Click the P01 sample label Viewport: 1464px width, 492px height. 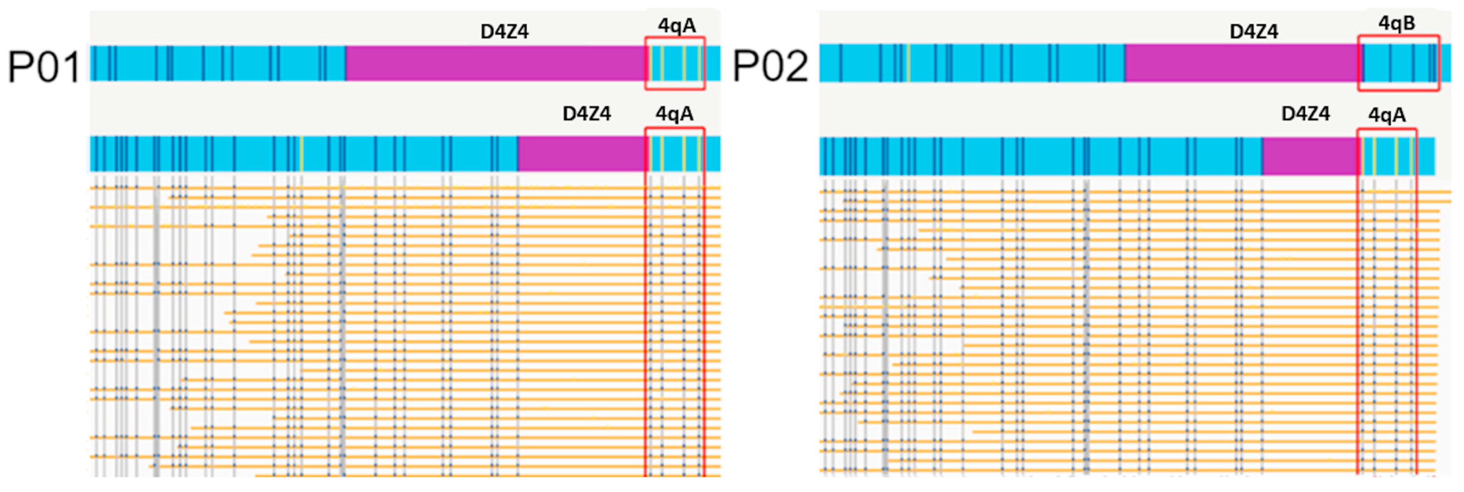(44, 67)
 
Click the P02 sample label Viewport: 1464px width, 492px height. (770, 66)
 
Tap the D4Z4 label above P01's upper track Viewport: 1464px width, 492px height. (504, 31)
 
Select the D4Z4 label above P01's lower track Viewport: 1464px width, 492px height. (586, 114)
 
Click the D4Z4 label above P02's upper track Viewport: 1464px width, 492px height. (1253, 31)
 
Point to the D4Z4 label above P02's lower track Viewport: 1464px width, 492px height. (1305, 114)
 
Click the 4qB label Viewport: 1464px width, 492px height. (1396, 23)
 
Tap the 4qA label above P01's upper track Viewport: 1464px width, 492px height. (676, 25)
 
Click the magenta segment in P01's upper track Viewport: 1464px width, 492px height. (494, 63)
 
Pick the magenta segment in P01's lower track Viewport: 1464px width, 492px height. (581, 154)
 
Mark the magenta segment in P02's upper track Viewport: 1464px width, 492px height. (1240, 63)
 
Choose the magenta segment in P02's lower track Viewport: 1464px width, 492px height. (1308, 156)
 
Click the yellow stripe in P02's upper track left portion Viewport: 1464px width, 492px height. (908, 63)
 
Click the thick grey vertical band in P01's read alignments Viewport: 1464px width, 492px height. (156, 324)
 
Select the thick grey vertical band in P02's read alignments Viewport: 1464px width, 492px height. (884, 324)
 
